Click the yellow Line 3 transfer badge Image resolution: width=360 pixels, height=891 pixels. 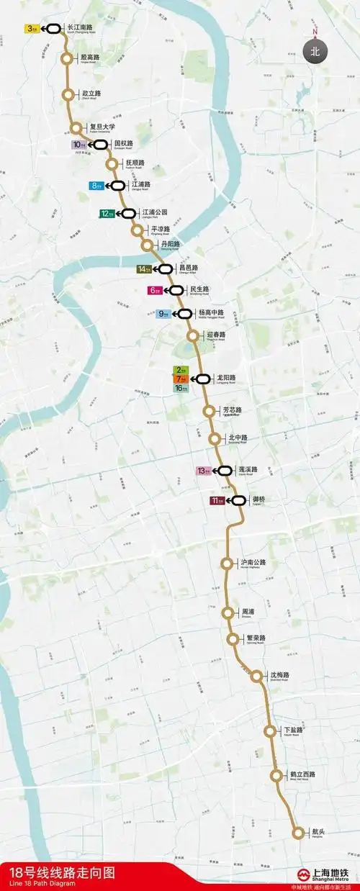[32, 29]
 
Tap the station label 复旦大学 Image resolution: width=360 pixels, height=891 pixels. [102, 127]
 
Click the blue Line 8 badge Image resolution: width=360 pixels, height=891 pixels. [97, 186]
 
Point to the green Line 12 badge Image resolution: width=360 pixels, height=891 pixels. [107, 213]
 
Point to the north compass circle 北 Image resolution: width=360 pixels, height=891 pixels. [314, 50]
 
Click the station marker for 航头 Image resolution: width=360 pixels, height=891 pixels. [299, 833]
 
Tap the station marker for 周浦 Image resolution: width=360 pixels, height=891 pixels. [228, 613]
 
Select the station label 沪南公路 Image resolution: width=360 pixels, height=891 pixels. [253, 562]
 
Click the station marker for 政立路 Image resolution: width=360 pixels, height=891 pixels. [69, 94]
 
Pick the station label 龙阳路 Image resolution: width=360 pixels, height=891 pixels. [226, 377]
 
